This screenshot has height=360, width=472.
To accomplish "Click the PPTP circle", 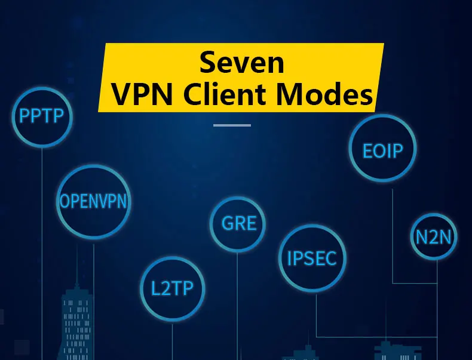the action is pyautogui.click(x=42, y=116).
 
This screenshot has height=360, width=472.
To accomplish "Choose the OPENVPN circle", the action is pyautogui.click(x=93, y=201).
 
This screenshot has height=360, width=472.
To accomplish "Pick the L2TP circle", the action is pyautogui.click(x=172, y=290).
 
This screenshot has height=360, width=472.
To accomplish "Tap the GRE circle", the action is pyautogui.click(x=238, y=223).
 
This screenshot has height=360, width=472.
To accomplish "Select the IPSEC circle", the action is pyautogui.click(x=312, y=258).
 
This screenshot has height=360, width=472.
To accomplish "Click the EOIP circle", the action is pyautogui.click(x=382, y=149).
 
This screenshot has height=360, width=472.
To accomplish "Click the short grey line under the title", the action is pyautogui.click(x=232, y=125).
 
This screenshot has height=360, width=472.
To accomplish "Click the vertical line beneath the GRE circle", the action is pyautogui.click(x=238, y=299).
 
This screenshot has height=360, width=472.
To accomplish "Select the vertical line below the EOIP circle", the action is pyautogui.click(x=393, y=233).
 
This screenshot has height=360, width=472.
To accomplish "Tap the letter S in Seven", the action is pyautogui.click(x=207, y=62).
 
